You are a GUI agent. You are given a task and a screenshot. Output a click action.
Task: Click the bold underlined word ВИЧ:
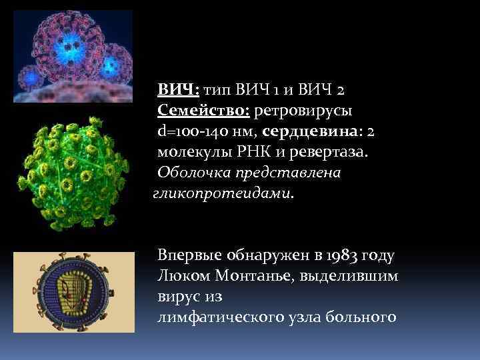(178, 89)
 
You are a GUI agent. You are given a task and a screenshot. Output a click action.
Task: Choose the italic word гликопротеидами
(223, 194)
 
